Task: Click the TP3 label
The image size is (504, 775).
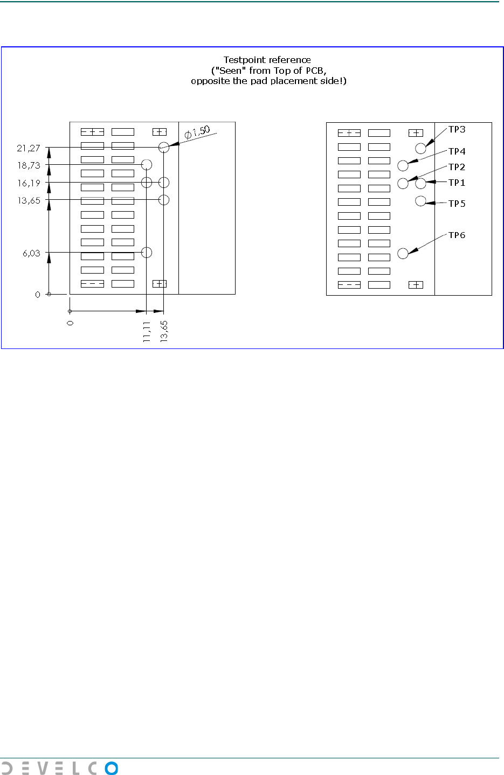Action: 457,129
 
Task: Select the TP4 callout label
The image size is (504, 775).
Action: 457,151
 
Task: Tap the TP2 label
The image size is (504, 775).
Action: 457,167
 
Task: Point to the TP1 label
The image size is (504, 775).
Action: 457,183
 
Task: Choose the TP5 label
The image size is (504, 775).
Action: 457,204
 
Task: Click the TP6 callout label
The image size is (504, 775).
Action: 457,235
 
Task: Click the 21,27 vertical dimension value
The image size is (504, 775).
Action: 29,148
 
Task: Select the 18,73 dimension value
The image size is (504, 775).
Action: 29,165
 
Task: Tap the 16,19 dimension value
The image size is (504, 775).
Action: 29,183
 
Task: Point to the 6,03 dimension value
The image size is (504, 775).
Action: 31,253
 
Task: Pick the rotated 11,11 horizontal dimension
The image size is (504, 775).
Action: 147,331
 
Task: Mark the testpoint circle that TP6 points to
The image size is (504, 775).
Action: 403,253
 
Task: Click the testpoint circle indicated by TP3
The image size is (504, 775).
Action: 420,149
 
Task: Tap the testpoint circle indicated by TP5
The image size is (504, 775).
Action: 420,201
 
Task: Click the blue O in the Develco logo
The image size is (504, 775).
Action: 111,768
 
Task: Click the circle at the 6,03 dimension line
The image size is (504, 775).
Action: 146,252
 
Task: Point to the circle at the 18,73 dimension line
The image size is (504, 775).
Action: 146,164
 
